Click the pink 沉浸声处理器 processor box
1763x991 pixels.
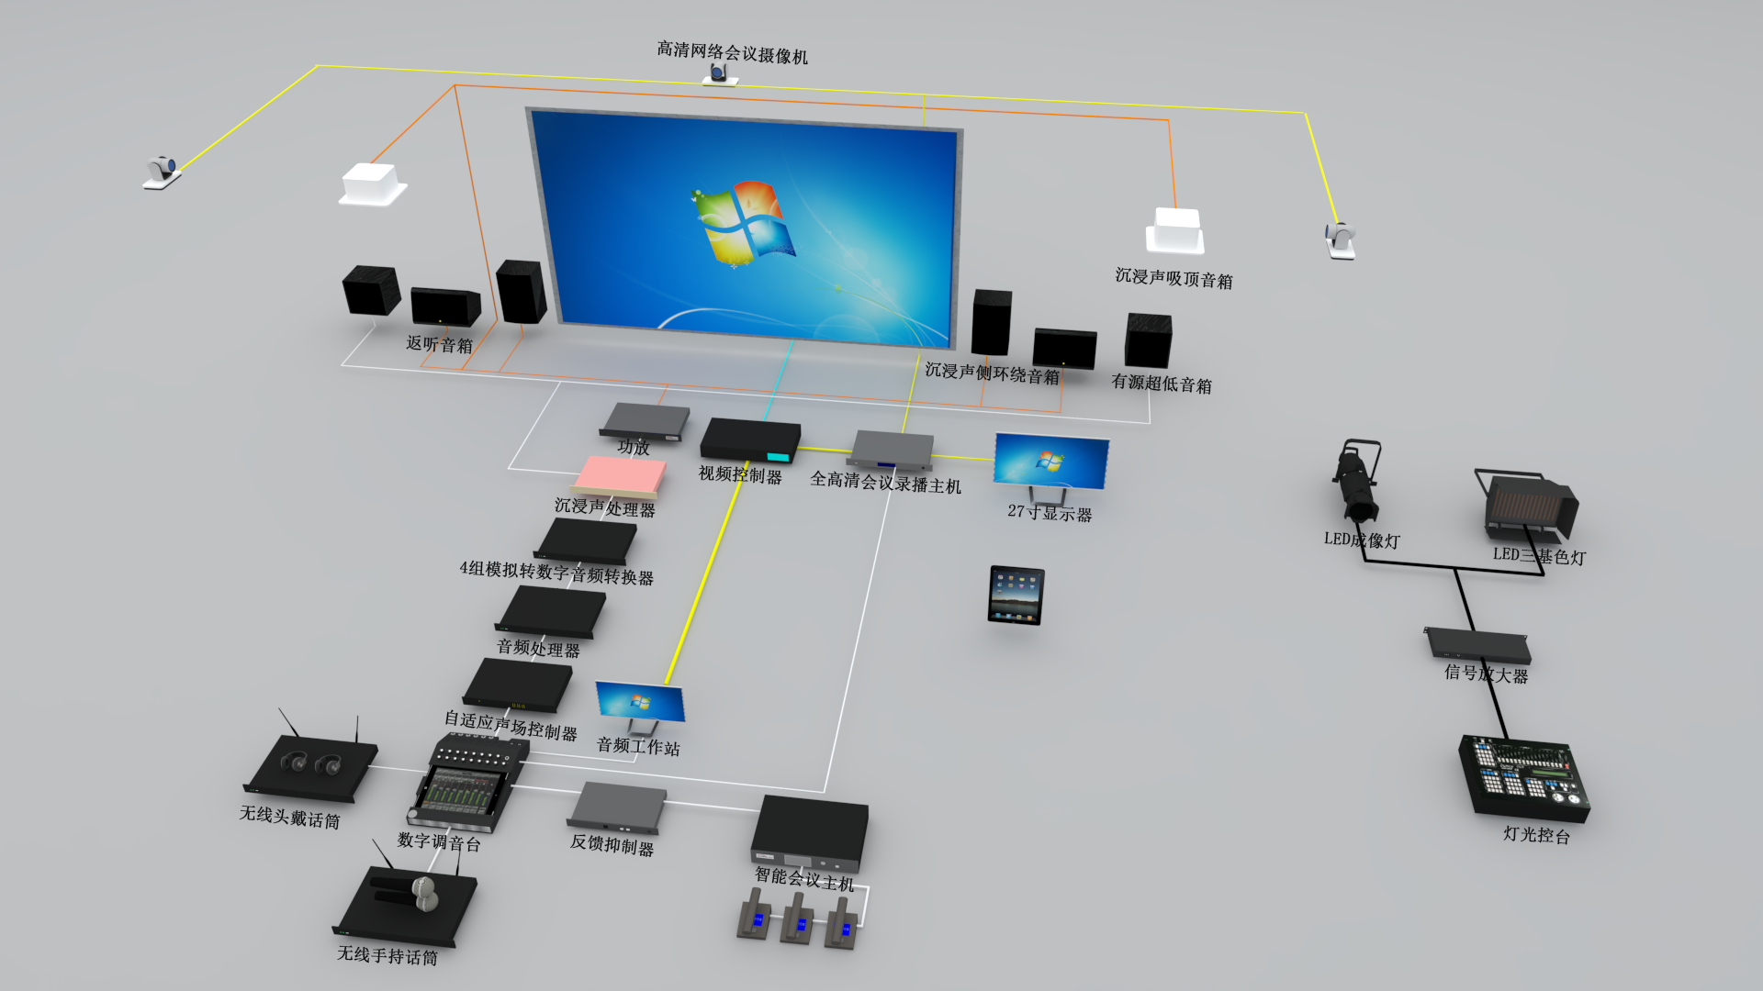621,476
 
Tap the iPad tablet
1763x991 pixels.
1016,596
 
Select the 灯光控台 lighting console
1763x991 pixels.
1524,776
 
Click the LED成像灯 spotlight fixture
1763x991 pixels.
1356,483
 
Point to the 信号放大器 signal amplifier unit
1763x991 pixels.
1477,644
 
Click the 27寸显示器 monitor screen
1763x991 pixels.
1051,461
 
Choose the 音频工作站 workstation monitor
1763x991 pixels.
640,703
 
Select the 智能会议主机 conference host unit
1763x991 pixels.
810,831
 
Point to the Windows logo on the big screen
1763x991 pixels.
743,221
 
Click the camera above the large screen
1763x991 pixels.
719,74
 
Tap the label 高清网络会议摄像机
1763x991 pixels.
732,52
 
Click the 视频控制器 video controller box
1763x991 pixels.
750,440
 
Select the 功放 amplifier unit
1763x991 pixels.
644,420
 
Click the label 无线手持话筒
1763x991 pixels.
387,955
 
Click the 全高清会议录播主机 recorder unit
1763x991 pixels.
892,449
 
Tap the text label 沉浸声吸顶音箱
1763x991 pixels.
1173,278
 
